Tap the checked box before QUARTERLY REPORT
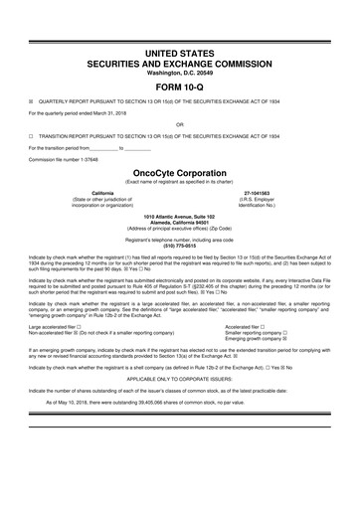pos(32,100)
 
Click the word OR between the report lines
pos(179,124)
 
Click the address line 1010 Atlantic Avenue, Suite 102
pos(179,215)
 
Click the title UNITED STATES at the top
pos(179,48)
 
